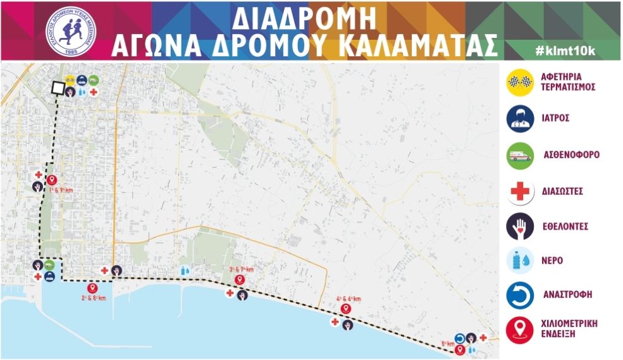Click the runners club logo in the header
coord(69,30)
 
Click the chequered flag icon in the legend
coord(520,83)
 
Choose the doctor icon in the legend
coord(520,118)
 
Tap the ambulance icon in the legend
coord(520,154)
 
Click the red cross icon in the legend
coord(520,190)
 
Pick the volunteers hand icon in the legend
coord(520,226)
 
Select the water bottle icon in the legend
coord(520,261)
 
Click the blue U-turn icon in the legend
coord(520,295)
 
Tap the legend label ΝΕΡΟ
coord(553,261)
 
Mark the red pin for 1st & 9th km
coord(52,180)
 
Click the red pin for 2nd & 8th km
coord(92,288)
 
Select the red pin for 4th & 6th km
coord(345,309)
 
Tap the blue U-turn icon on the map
coord(460,338)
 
